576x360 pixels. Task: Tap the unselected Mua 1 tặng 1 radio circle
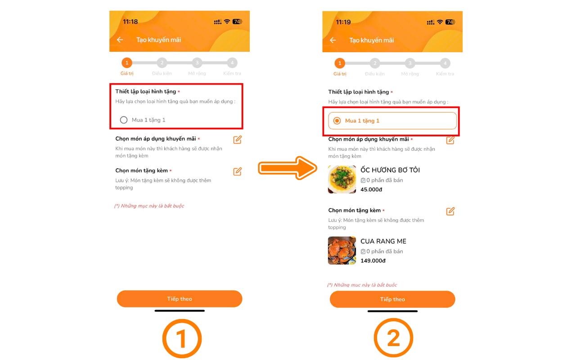pos(124,120)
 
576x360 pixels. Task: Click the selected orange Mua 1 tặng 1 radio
pos(337,121)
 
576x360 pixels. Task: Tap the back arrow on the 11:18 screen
pos(120,40)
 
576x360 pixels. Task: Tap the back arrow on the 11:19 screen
pos(333,40)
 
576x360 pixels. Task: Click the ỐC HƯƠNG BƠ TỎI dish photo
pos(342,179)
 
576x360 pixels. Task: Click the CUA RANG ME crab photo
pos(342,251)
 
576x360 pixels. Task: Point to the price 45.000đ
pos(371,189)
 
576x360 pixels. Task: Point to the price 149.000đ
pos(373,261)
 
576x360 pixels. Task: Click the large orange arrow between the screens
pos(288,168)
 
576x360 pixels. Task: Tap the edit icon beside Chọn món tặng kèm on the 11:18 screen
pos(237,171)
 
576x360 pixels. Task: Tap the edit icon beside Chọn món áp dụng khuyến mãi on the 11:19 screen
pos(450,140)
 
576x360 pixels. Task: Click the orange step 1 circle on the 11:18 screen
pos(127,63)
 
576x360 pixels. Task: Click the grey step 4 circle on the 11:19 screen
pos(445,63)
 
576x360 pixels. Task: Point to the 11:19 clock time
pos(343,22)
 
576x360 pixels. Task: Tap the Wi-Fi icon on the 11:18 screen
pos(227,21)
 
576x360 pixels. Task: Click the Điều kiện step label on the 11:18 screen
pos(162,73)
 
